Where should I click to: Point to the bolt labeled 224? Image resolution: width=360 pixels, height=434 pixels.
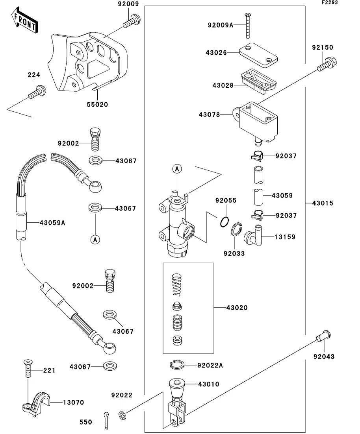pos(37,92)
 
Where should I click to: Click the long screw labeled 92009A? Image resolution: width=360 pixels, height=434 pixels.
pos(247,26)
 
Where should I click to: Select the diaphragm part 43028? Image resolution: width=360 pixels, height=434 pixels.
pos(259,82)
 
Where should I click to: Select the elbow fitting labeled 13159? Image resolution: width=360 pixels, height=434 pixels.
pos(254,235)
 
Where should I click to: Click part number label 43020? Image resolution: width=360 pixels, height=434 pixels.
pos(237,308)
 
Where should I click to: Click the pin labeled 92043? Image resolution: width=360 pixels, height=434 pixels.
pos(324,336)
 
